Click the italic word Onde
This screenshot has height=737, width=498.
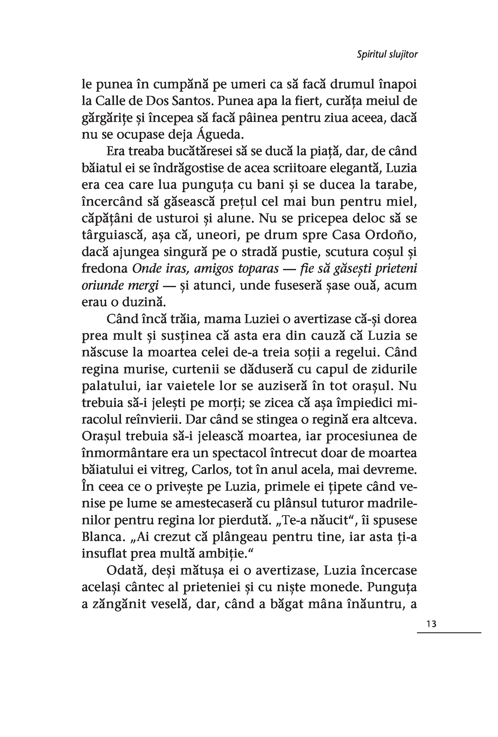[x=145, y=269]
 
